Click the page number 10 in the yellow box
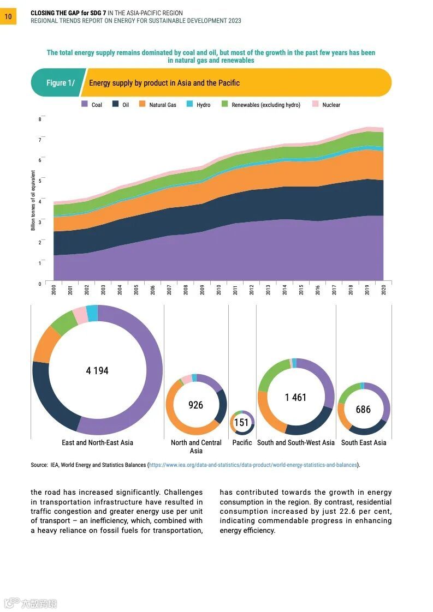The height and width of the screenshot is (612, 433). [8, 16]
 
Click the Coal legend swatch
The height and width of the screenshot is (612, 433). [85, 104]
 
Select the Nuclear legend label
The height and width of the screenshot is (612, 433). [331, 105]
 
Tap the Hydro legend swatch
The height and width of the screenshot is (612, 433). [189, 104]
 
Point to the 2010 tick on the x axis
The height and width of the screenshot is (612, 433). [218, 289]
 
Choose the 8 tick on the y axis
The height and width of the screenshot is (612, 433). [39, 119]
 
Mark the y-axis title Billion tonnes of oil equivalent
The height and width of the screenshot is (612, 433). [33, 200]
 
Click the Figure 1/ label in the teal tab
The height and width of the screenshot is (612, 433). [60, 83]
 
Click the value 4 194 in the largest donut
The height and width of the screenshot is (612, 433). [97, 371]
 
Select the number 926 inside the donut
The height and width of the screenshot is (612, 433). [195, 405]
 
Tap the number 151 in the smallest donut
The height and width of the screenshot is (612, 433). [241, 423]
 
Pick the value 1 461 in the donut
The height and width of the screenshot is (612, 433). [295, 397]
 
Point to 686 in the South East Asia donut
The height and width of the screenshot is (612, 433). [363, 409]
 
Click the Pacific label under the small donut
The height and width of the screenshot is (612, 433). [242, 442]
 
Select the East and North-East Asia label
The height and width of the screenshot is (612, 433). [97, 442]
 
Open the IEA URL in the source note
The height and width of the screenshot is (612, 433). [253, 465]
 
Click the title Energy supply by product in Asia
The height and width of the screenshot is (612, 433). [164, 83]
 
